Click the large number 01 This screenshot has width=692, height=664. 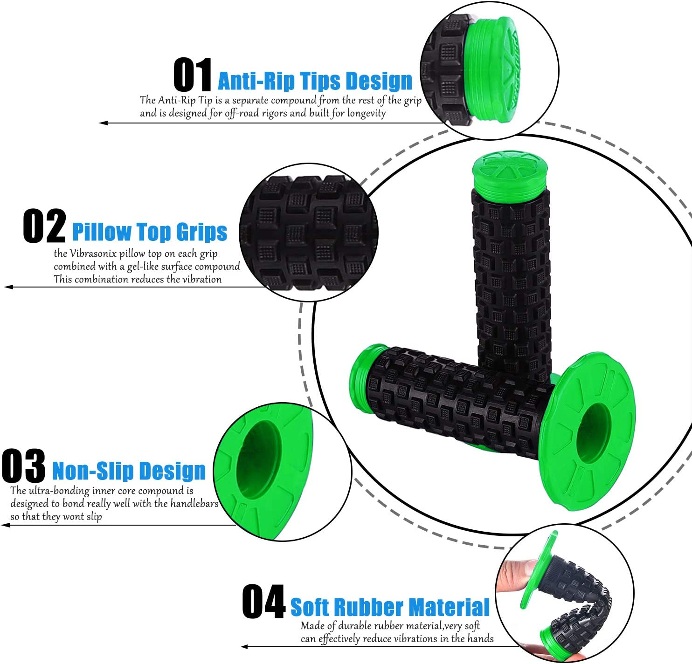[x=193, y=75]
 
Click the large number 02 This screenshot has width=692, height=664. [x=44, y=226]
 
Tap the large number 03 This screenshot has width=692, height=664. [x=23, y=465]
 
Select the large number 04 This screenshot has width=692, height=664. [x=263, y=602]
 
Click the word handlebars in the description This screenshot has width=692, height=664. [x=194, y=504]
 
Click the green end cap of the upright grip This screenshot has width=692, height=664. [x=510, y=175]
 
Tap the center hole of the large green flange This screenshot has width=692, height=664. [x=593, y=433]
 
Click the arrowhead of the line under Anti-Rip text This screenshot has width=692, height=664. [x=103, y=123]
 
